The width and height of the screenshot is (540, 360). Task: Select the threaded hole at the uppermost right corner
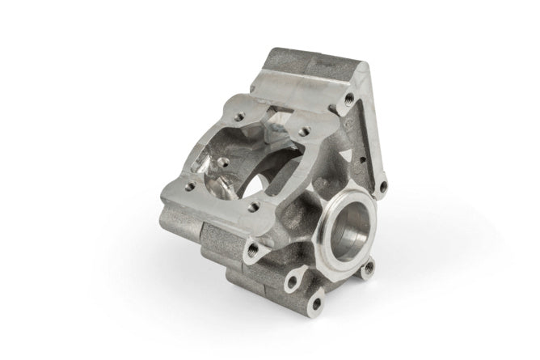click(x=348, y=98)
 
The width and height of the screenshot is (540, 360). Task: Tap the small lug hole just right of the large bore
click(x=369, y=268)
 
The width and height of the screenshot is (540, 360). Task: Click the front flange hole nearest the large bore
click(x=255, y=208)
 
